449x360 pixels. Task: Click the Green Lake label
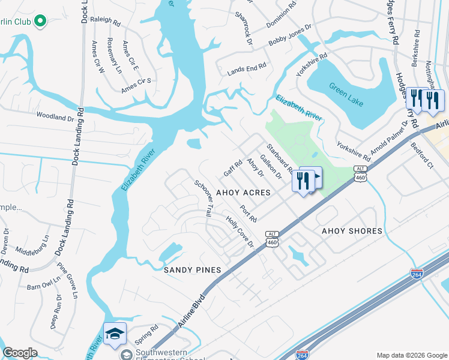click(x=346, y=92)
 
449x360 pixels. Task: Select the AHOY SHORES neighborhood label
click(x=352, y=231)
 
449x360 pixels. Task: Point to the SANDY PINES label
click(x=193, y=270)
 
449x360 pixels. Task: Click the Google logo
click(x=20, y=353)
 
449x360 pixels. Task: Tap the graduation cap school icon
click(x=115, y=334)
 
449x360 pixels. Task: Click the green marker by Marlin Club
click(x=40, y=22)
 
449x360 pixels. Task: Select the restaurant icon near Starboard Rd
click(x=303, y=179)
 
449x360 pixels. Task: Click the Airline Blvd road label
click(x=192, y=311)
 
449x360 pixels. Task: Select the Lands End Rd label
click(x=246, y=70)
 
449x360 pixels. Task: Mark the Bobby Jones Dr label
click(x=291, y=37)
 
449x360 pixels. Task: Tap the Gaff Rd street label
click(x=232, y=168)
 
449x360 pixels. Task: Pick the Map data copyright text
click(x=412, y=355)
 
